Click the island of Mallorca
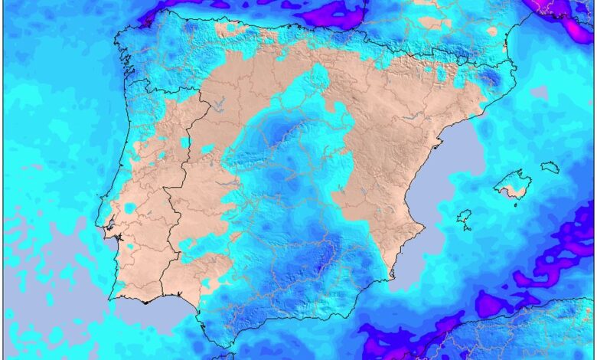pos(512,185)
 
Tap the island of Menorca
pos(550,166)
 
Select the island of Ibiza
pos(464,218)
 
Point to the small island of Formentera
pos(466,228)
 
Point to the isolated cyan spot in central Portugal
pos(129,208)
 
